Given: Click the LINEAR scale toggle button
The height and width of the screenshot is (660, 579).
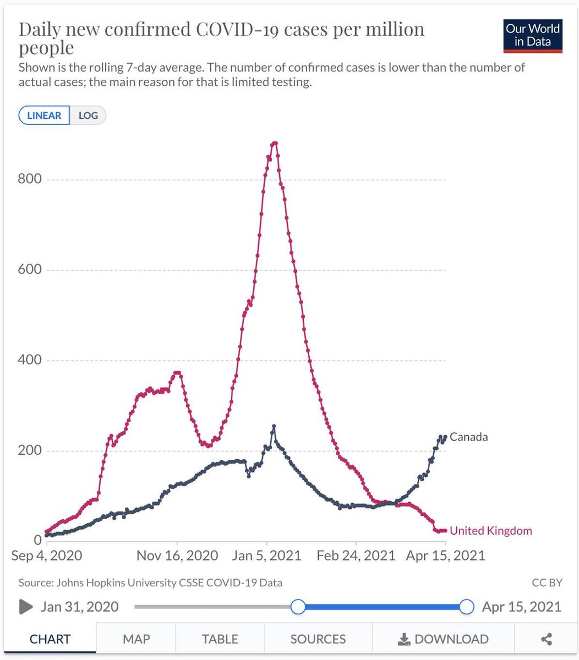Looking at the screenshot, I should (44, 116).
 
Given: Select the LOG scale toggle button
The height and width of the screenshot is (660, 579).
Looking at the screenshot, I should (88, 116).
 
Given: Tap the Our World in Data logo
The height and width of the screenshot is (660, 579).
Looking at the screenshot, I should (532, 36).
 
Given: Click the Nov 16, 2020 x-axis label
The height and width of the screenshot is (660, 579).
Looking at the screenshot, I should (177, 555).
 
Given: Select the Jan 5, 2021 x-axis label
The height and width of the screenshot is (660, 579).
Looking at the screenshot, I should (267, 555).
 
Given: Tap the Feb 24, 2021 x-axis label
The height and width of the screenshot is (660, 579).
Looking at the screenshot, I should (356, 555).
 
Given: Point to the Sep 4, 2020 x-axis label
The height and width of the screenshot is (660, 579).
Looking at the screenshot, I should (47, 555).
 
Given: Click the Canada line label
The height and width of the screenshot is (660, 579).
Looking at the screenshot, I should (468, 437).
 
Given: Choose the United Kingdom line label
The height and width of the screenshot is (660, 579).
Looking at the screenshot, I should (491, 531).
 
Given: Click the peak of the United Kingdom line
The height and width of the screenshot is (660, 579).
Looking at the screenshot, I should (275, 144).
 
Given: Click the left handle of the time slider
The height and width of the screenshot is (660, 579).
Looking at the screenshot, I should (298, 607).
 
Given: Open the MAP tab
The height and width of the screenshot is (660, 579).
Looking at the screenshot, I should (136, 639).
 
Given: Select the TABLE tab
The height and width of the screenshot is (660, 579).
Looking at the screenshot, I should (220, 639).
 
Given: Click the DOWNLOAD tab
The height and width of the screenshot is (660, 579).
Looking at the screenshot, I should (443, 639).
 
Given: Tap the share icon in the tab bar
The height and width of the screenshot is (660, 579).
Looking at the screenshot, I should (547, 639).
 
